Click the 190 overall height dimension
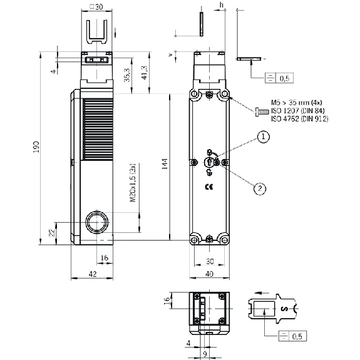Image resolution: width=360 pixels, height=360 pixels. click(x=37, y=147)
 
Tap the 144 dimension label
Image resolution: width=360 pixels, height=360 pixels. click(x=165, y=164)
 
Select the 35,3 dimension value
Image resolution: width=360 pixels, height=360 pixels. click(x=127, y=75)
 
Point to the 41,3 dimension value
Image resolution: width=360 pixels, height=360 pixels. click(x=145, y=73)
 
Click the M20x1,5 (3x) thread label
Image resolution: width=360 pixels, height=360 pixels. click(x=133, y=183)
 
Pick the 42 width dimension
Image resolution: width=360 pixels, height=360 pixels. click(x=93, y=274)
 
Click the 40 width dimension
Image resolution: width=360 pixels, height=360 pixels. click(x=209, y=274)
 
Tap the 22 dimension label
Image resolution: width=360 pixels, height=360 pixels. click(x=53, y=232)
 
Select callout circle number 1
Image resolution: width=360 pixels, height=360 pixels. click(x=263, y=137)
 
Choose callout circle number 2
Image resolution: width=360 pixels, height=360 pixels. click(x=260, y=188)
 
